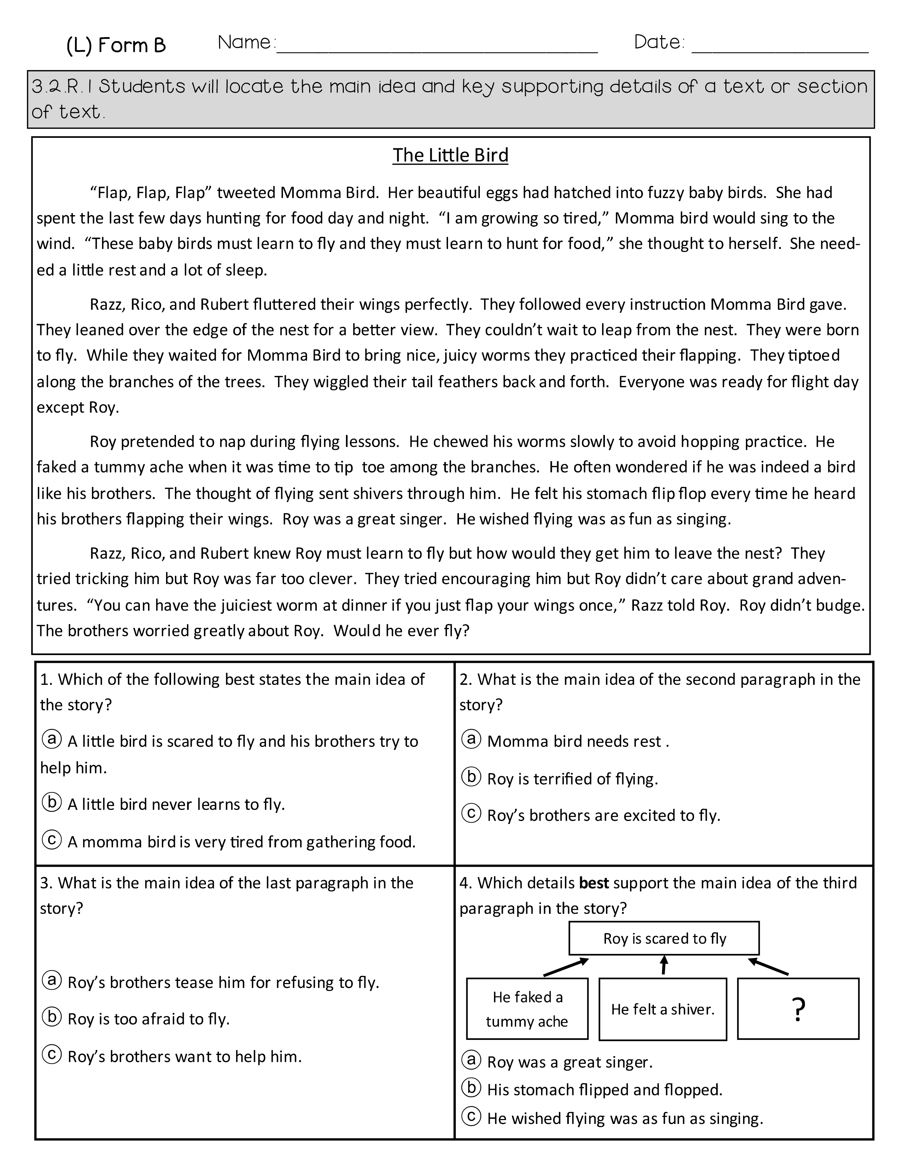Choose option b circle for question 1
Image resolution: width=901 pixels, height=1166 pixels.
52,802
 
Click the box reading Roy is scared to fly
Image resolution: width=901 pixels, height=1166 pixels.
664,938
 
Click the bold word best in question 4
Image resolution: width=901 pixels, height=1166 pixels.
594,883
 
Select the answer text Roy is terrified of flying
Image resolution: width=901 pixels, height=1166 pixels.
572,779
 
